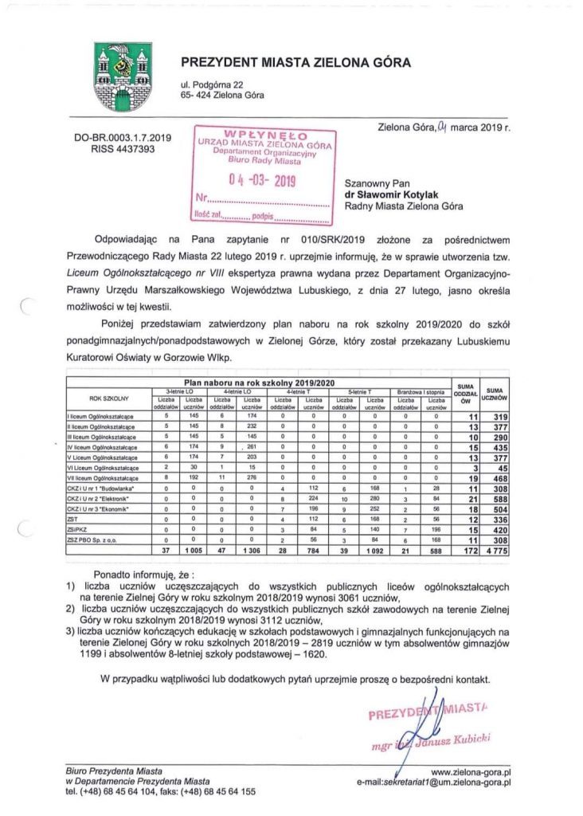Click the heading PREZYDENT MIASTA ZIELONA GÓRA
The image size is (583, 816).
tap(295, 62)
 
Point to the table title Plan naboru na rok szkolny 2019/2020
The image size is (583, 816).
tap(256, 383)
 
